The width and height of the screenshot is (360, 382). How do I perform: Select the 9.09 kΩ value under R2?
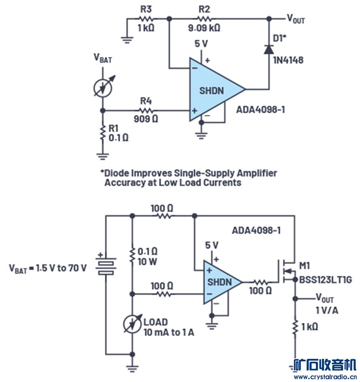[204, 29]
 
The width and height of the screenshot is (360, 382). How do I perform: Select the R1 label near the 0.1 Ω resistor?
[114, 128]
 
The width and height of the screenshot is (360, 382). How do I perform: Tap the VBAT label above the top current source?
[103, 58]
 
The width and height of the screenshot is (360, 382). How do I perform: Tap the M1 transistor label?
[306, 266]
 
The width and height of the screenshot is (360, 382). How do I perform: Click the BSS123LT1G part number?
[325, 280]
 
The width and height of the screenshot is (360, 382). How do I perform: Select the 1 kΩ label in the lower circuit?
[310, 327]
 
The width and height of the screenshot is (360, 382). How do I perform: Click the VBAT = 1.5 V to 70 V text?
[48, 268]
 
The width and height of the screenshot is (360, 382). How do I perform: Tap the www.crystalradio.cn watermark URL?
[324, 376]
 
